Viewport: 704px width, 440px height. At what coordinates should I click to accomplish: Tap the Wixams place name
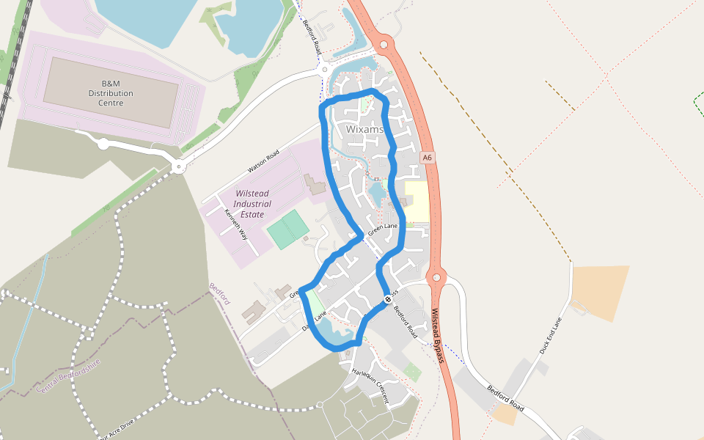pyautogui.click(x=364, y=130)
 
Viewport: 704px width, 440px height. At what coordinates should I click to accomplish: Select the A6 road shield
pyautogui.click(x=428, y=158)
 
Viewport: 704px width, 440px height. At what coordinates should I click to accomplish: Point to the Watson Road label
pyautogui.click(x=263, y=161)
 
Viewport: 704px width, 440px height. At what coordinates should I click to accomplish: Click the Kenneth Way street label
pyautogui.click(x=236, y=225)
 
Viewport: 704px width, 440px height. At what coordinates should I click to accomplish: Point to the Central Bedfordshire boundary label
pyautogui.click(x=67, y=375)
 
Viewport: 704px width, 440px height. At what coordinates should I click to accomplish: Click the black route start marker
pyautogui.click(x=387, y=298)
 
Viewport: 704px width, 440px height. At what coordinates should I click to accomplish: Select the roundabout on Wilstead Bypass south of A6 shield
pyautogui.click(x=436, y=278)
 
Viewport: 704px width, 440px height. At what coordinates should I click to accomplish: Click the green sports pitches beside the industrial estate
pyautogui.click(x=287, y=229)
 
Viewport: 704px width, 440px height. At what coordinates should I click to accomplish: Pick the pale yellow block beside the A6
pyautogui.click(x=417, y=202)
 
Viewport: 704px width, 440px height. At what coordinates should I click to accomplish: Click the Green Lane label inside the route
pyautogui.click(x=382, y=230)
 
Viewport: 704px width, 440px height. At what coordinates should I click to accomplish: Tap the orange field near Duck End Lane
pyautogui.click(x=600, y=292)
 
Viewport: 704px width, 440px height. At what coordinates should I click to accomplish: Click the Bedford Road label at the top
pyautogui.click(x=312, y=35)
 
